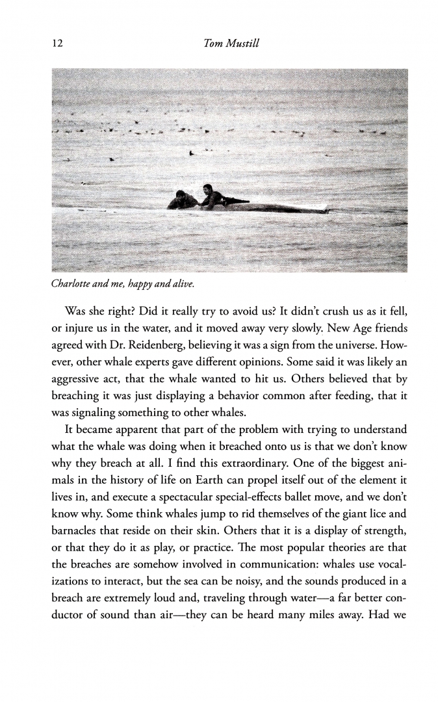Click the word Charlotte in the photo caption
[72, 283]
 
